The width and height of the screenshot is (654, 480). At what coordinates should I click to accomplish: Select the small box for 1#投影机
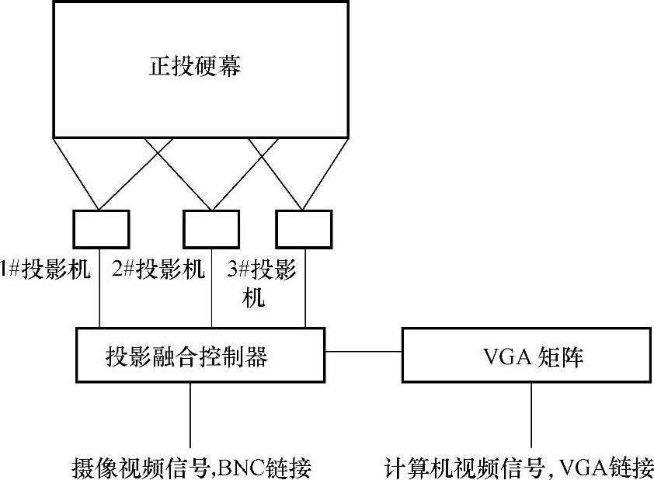[102, 228]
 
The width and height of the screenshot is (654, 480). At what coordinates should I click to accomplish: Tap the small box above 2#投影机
[210, 228]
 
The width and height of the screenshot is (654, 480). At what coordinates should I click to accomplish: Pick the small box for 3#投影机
[304, 228]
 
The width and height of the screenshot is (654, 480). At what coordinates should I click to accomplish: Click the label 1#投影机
[46, 270]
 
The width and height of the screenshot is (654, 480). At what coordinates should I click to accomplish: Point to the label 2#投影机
[158, 270]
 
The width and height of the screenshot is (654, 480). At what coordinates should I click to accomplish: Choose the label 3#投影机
[262, 270]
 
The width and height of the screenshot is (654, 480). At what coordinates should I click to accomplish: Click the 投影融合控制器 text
[186, 357]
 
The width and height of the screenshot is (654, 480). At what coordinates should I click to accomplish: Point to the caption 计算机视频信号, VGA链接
[519, 468]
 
